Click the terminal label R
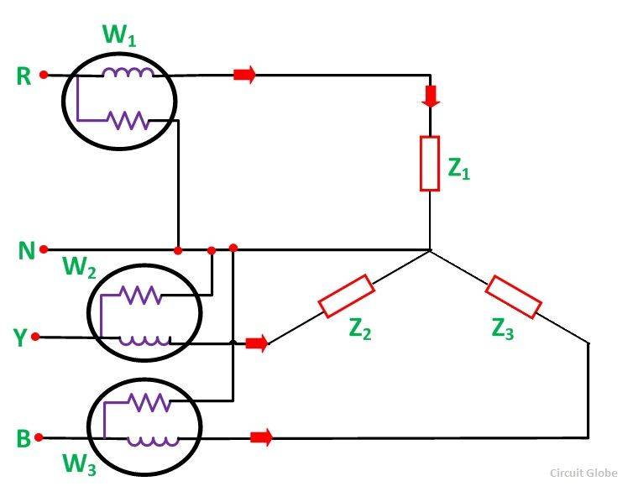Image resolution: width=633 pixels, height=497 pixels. (24, 76)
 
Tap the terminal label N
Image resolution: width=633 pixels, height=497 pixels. (24, 250)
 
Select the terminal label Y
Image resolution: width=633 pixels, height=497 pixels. (20, 337)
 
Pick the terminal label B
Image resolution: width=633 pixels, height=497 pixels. (24, 438)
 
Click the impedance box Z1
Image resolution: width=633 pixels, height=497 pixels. (430, 163)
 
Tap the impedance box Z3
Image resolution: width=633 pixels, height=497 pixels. (512, 296)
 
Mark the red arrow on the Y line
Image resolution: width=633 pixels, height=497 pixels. (256, 343)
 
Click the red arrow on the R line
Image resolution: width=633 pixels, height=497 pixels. (244, 75)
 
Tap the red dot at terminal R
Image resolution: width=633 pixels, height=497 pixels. (44, 75)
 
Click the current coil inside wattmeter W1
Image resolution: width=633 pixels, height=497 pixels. (128, 74)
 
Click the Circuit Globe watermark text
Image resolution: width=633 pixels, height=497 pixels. (583, 473)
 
